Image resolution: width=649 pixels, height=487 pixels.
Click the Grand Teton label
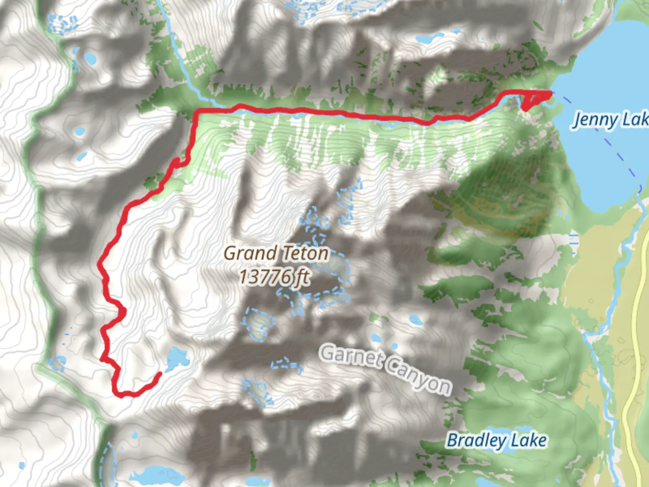[x=276, y=253]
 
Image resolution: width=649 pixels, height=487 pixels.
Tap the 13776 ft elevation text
[x=274, y=276]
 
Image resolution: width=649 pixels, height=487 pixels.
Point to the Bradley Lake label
[x=497, y=440]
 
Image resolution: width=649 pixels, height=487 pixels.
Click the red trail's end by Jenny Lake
[x=549, y=93]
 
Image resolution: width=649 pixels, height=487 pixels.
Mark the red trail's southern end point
[x=160, y=374]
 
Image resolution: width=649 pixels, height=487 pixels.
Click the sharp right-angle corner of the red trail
[x=197, y=111]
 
